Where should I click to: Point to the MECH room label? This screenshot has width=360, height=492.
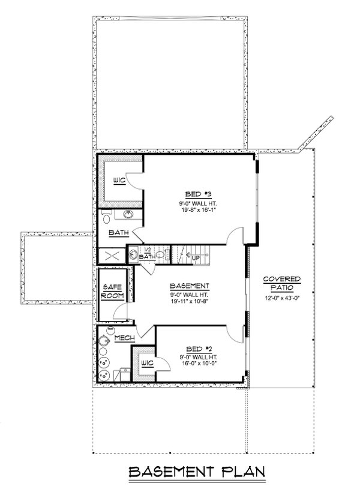point(124,338)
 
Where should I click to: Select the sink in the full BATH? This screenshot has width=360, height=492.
point(128,214)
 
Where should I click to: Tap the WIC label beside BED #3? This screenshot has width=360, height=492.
point(119,179)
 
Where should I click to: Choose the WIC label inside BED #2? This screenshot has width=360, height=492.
point(146,364)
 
